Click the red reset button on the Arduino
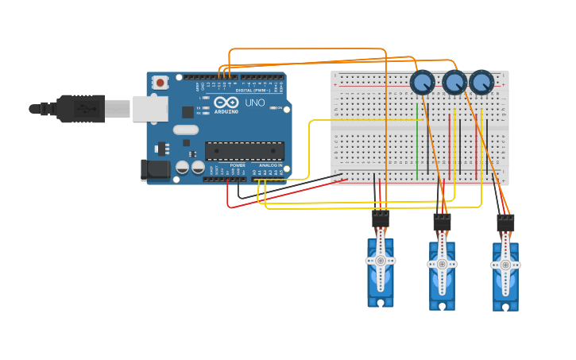[160, 82]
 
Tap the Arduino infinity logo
[226, 103]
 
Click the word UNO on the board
[254, 103]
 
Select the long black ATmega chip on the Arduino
[244, 150]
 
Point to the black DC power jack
[153, 169]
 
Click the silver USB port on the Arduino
[149, 108]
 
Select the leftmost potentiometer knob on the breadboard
[422, 82]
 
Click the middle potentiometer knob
[454, 82]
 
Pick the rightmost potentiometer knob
[481, 82]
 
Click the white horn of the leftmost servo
[381, 261]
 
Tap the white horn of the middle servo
[442, 264]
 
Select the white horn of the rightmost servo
[505, 265]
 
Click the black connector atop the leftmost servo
[381, 219]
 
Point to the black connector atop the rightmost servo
[505, 223]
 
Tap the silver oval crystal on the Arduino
[185, 130]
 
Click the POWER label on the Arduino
[238, 165]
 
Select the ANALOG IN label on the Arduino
[269, 165]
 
